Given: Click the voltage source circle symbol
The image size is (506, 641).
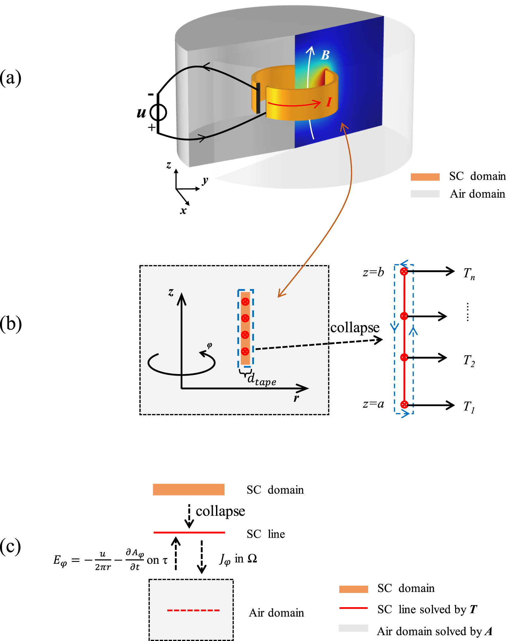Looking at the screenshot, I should (x=158, y=112).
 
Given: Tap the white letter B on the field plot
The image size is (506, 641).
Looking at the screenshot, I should (x=325, y=55).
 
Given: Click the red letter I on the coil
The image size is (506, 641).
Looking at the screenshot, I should (x=329, y=102).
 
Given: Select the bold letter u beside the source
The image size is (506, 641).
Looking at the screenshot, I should (x=141, y=113).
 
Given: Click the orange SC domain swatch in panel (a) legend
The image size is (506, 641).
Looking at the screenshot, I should (x=425, y=177).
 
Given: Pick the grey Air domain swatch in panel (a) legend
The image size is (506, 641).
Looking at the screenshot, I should (x=425, y=194).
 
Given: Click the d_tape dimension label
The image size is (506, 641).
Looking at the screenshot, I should (x=261, y=379).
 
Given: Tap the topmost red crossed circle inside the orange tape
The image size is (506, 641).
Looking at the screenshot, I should (x=245, y=302).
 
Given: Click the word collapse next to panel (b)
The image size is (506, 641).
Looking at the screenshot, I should (x=355, y=328).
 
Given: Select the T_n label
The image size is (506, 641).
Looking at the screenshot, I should (x=469, y=274).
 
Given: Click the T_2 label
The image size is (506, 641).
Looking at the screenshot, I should (x=469, y=361).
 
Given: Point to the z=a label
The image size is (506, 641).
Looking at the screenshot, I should (x=373, y=404).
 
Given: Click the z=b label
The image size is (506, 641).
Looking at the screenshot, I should (x=373, y=272).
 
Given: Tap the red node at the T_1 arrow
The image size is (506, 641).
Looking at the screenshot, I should (x=404, y=404).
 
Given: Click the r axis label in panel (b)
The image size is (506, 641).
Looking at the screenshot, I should (x=296, y=398).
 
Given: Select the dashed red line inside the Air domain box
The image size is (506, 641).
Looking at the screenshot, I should (x=193, y=610).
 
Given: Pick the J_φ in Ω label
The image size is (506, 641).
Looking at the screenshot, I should (x=238, y=559).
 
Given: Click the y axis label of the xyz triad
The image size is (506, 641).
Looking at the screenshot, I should (x=205, y=181).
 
